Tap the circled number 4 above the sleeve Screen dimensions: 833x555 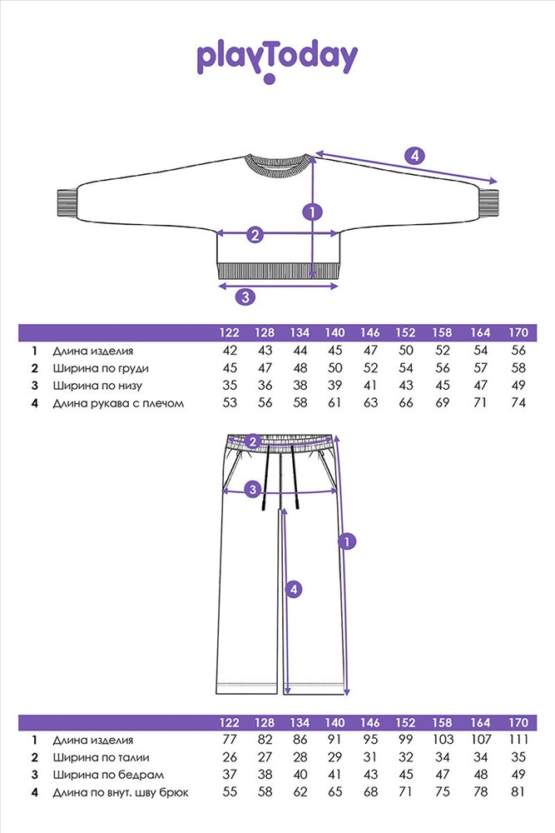(x=414, y=155)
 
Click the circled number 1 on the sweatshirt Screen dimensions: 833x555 (x=312, y=212)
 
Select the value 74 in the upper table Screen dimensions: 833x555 (x=518, y=403)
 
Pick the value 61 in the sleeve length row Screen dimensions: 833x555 (x=335, y=403)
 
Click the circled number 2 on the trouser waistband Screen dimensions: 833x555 (x=255, y=441)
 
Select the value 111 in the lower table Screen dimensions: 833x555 (x=518, y=740)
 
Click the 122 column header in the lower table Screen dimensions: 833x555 (x=230, y=722)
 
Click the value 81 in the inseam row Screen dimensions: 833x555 (x=518, y=792)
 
